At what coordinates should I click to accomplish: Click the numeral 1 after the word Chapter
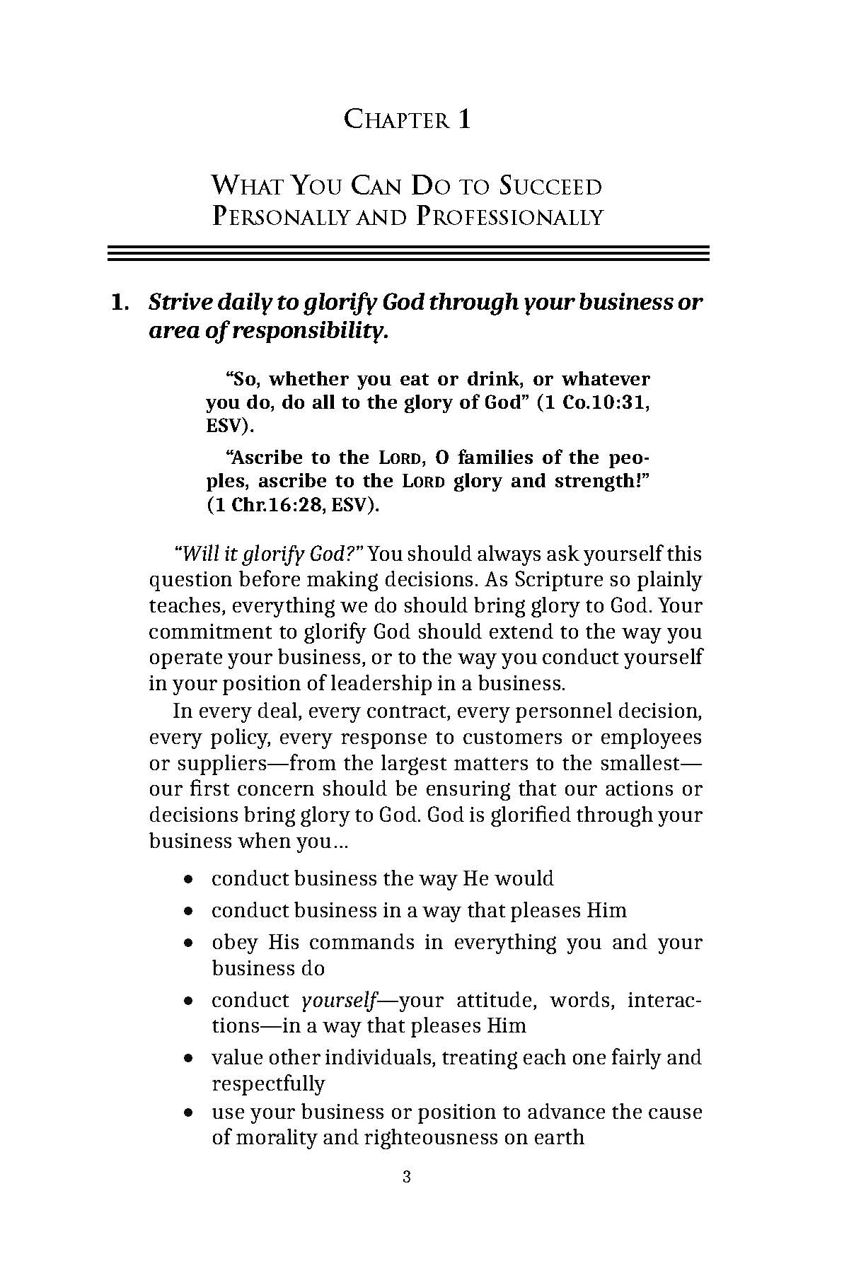pyautogui.click(x=464, y=120)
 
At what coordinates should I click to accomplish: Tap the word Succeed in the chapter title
pyautogui.click(x=550, y=187)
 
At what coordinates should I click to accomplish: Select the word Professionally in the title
pyautogui.click(x=509, y=216)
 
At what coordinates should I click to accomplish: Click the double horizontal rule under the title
pyautogui.click(x=408, y=253)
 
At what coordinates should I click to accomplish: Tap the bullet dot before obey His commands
pyautogui.click(x=187, y=943)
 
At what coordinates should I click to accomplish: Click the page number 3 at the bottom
pyautogui.click(x=406, y=1177)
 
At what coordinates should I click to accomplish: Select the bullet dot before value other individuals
pyautogui.click(x=187, y=1059)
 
